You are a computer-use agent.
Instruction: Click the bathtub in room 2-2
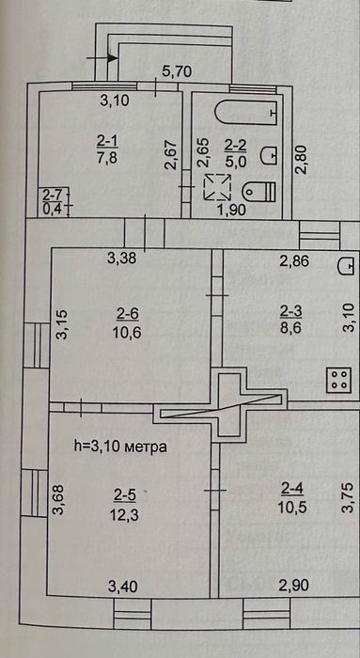click(x=246, y=112)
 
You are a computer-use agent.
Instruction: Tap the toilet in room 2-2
click(x=258, y=192)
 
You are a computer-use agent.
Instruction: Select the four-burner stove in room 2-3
click(x=338, y=380)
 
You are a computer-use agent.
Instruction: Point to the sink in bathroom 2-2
click(x=269, y=156)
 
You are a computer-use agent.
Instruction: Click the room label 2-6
click(x=127, y=313)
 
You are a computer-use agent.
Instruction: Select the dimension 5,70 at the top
click(x=177, y=71)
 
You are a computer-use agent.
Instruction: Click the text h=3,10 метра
click(x=120, y=446)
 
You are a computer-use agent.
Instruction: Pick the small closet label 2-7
click(x=51, y=196)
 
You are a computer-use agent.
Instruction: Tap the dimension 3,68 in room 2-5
click(x=58, y=499)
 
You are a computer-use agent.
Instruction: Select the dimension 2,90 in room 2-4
click(x=294, y=586)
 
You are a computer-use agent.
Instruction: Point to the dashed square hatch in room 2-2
click(x=217, y=187)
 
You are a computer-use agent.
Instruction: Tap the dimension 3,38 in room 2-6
click(x=121, y=258)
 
